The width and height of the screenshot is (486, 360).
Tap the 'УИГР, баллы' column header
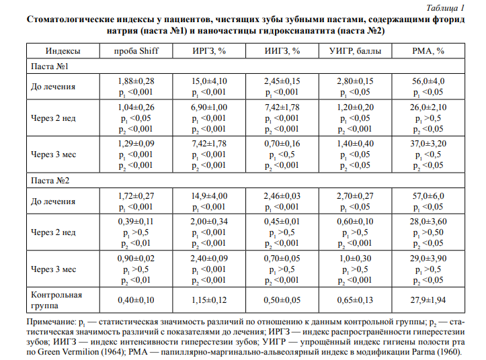[355, 51]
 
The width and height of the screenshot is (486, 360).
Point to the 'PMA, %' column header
[428, 51]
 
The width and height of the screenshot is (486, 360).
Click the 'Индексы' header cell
[63, 51]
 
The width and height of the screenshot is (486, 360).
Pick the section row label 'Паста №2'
[49, 180]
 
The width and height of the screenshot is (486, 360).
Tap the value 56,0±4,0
[428, 81]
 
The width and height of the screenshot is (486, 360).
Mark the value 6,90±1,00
[209, 107]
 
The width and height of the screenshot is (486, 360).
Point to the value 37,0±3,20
[428, 144]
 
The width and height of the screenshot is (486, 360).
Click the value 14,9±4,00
[209, 195]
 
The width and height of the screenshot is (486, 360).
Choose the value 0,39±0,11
[136, 221]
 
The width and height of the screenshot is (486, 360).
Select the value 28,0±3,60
[428, 221]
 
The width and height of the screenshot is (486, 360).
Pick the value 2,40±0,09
[209, 257]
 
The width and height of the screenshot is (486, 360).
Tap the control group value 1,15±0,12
[209, 300]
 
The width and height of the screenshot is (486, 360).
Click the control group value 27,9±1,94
[428, 300]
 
